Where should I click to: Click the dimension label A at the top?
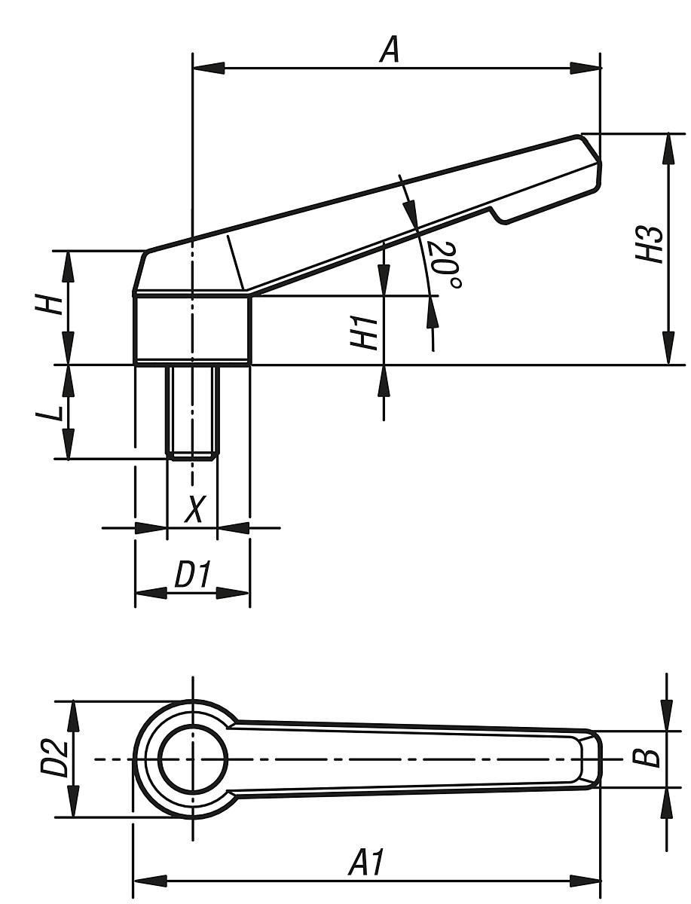pyautogui.click(x=389, y=50)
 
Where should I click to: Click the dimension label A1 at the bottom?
pyautogui.click(x=367, y=863)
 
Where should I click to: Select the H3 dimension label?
pyautogui.click(x=650, y=243)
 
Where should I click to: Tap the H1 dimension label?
pyautogui.click(x=365, y=332)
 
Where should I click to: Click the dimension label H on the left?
pyautogui.click(x=51, y=305)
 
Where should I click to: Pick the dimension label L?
pyautogui.click(x=51, y=412)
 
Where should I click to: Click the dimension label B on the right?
pyautogui.click(x=650, y=758)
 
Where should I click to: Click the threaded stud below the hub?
pyautogui.click(x=192, y=411)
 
